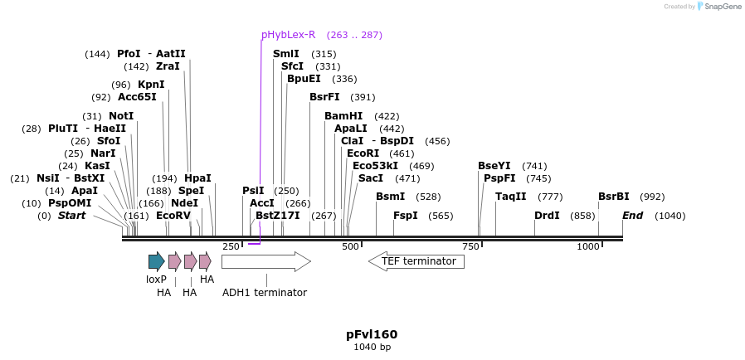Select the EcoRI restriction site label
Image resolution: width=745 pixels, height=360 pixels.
[363, 153]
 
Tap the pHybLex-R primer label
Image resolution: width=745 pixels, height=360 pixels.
[288, 35]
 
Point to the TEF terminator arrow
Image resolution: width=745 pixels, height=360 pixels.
[416, 261]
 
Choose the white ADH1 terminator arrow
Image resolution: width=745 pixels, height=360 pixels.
[265, 262]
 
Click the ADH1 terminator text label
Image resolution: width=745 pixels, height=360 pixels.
[265, 293]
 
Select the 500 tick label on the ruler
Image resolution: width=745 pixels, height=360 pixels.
[350, 246]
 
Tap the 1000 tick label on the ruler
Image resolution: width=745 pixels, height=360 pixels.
[588, 246]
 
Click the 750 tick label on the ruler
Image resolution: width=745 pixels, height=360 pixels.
[470, 246]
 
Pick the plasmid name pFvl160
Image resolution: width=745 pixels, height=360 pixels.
[372, 334]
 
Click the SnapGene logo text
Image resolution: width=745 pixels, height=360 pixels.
[723, 7]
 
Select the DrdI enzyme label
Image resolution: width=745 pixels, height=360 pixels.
[547, 216]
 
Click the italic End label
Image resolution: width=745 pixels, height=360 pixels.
[633, 216]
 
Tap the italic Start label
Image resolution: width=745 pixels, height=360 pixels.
[71, 216]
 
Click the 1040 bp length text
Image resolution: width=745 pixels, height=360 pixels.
[372, 348]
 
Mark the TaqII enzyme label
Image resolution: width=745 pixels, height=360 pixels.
[511, 197]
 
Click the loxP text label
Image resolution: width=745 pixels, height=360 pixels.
[157, 280]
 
